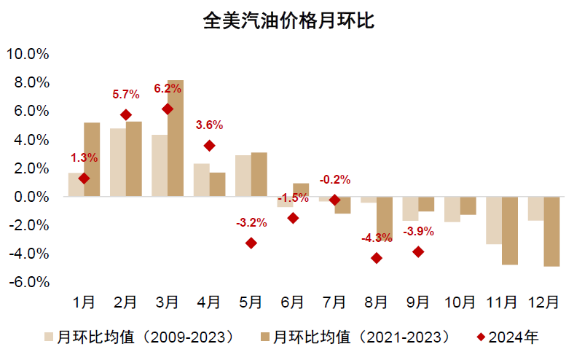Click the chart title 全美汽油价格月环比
tap(288, 20)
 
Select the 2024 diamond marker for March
tap(168, 109)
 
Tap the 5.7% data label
tap(126, 94)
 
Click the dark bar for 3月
tap(176, 138)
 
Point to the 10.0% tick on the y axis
tap(27, 54)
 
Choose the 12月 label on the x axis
tap(543, 301)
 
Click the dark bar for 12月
tap(552, 232)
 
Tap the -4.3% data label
tap(377, 238)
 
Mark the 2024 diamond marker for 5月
tap(251, 243)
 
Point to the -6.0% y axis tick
tap(27, 282)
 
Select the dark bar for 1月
tap(92, 160)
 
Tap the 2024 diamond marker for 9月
tap(418, 251)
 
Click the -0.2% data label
tap(335, 179)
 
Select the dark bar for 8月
tap(385, 219)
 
